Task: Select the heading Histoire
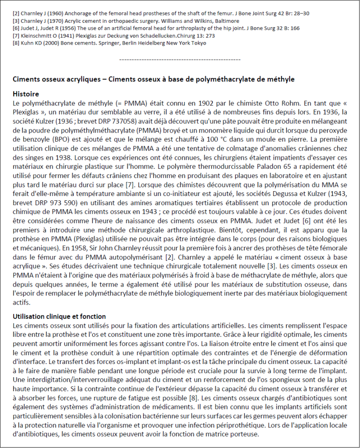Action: (26, 94)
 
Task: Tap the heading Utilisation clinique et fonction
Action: (59, 316)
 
